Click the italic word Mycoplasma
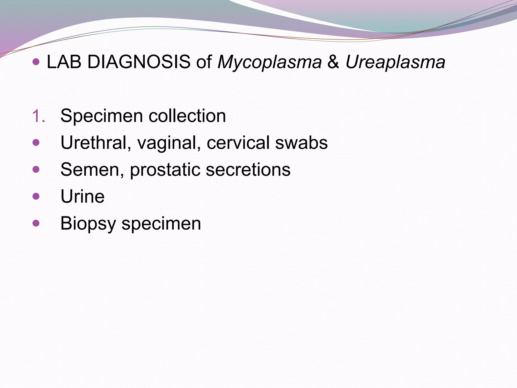click(269, 62)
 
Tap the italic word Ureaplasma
click(395, 62)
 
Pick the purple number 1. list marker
click(39, 116)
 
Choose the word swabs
click(301, 143)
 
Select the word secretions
click(248, 169)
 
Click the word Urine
click(83, 197)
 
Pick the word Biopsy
click(88, 224)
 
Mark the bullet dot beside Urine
click(36, 196)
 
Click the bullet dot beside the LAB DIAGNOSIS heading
click(36, 61)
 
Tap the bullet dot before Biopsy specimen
click(36, 223)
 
